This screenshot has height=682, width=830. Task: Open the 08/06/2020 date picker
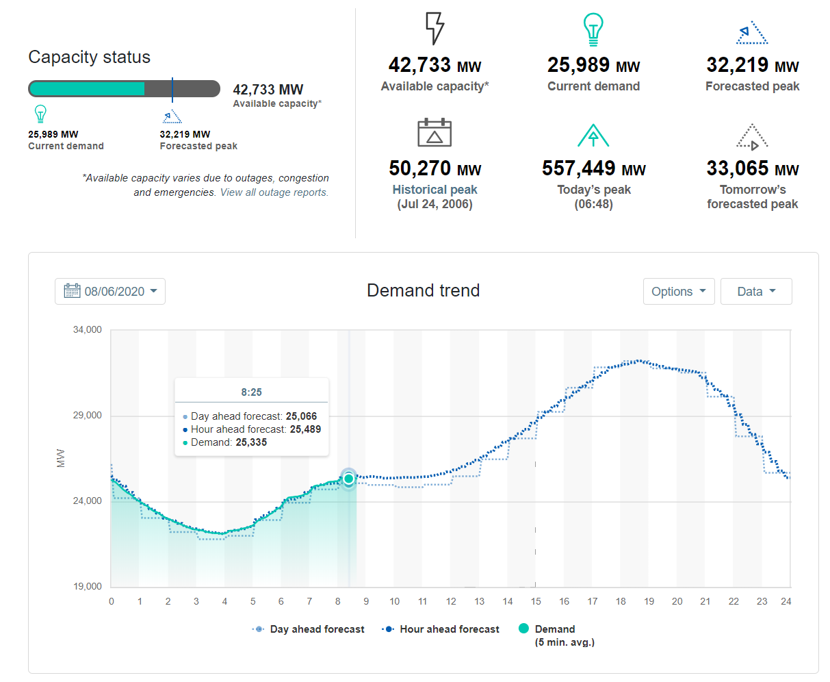tap(110, 291)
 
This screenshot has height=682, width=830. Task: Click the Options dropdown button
tap(678, 291)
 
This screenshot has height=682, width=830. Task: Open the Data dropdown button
tap(756, 291)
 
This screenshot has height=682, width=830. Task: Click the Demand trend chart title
tap(423, 290)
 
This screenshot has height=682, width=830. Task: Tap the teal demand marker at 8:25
tap(348, 478)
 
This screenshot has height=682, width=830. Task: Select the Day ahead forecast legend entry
tap(309, 629)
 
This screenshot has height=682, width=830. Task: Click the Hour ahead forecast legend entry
tap(441, 629)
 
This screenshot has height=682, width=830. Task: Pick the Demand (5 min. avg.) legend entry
tap(554, 629)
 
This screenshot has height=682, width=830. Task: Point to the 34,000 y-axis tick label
tap(88, 329)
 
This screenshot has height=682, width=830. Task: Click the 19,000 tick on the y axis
tap(88, 586)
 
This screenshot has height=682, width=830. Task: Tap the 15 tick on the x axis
tap(536, 601)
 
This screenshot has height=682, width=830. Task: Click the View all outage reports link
tap(274, 192)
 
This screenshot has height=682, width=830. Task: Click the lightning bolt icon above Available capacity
tap(435, 29)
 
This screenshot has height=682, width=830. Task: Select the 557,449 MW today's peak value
tap(593, 168)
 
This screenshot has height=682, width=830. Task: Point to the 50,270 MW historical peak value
tap(435, 168)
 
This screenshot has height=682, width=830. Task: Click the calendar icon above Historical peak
tap(435, 132)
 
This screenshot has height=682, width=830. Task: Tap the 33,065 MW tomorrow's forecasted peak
tap(752, 168)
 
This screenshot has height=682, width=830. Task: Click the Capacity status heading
tap(89, 57)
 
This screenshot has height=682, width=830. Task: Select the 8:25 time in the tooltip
tap(251, 392)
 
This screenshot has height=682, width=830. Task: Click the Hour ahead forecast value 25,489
tap(305, 429)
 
